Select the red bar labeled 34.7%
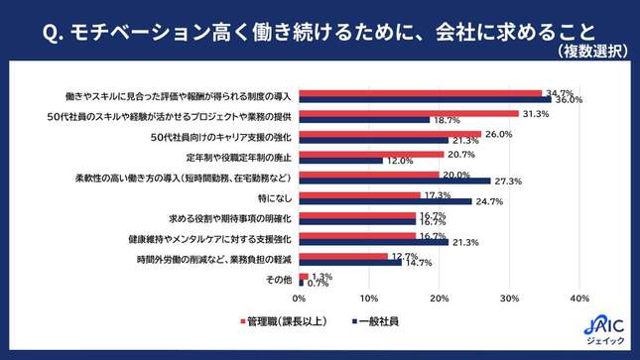421,93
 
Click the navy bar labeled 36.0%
426,100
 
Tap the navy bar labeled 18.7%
364,120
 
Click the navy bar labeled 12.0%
341,161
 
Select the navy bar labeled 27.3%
395,180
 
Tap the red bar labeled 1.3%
303,276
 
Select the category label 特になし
273,197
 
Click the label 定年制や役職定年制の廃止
237,157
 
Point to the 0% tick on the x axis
300,299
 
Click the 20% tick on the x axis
440,299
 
